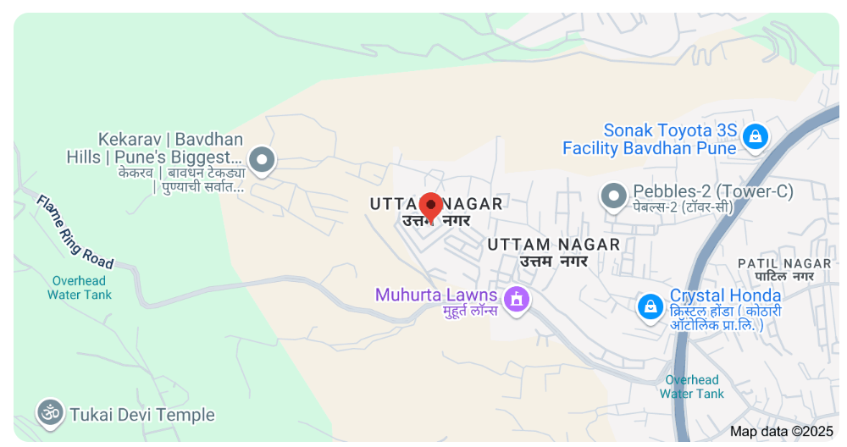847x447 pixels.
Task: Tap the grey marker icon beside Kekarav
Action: [x=263, y=159]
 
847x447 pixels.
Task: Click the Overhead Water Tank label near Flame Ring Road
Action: [x=80, y=288]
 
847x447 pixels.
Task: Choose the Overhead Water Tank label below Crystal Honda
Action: [x=692, y=387]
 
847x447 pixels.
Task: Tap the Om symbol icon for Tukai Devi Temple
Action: [x=50, y=413]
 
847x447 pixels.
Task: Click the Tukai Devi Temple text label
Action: [x=142, y=415]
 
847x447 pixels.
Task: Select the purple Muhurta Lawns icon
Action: [x=516, y=299]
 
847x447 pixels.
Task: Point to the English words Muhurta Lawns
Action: [x=436, y=295]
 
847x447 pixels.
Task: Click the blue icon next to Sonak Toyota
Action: [x=754, y=135]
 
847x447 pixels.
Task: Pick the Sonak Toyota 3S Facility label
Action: [x=650, y=140]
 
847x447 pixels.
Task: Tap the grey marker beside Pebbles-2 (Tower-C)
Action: [x=613, y=196]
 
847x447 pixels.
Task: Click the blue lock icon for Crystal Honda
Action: [x=650, y=306]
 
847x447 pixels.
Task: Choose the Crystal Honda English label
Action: [x=725, y=295]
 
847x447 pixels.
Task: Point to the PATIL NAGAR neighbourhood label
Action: [x=785, y=263]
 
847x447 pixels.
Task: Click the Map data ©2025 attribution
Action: [x=781, y=431]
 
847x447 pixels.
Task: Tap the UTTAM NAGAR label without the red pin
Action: [x=554, y=245]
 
